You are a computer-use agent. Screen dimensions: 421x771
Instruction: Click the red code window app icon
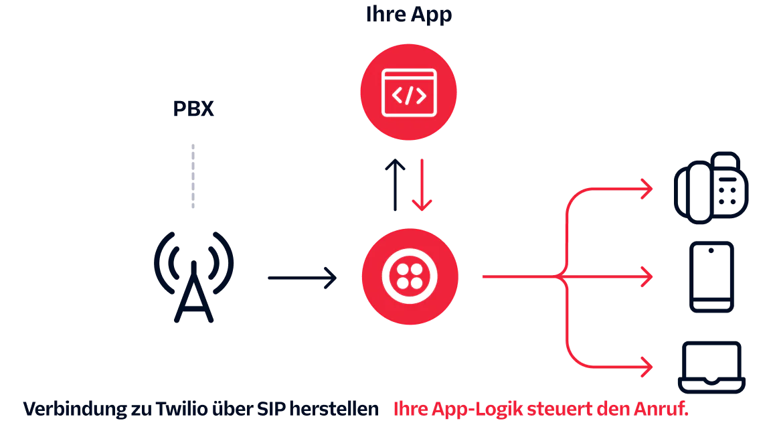pyautogui.click(x=408, y=92)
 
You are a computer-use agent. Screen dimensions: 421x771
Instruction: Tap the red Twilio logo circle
pyautogui.click(x=410, y=276)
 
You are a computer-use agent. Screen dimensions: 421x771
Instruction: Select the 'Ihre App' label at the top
pyautogui.click(x=409, y=14)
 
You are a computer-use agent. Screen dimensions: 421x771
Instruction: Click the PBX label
pyautogui.click(x=193, y=109)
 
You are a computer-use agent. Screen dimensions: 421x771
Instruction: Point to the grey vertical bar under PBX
pyautogui.click(x=193, y=174)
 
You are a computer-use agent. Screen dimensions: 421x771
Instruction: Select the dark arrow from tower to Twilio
pyautogui.click(x=303, y=276)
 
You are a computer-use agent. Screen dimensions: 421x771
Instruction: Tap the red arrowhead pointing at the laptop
pyautogui.click(x=645, y=367)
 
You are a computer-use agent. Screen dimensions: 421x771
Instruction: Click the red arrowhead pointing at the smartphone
pyautogui.click(x=645, y=276)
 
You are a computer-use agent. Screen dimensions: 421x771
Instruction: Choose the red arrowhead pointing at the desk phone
pyautogui.click(x=645, y=189)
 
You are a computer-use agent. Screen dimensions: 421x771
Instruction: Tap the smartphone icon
pyautogui.click(x=711, y=277)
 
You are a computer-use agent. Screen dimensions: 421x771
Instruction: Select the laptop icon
pyautogui.click(x=711, y=366)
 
